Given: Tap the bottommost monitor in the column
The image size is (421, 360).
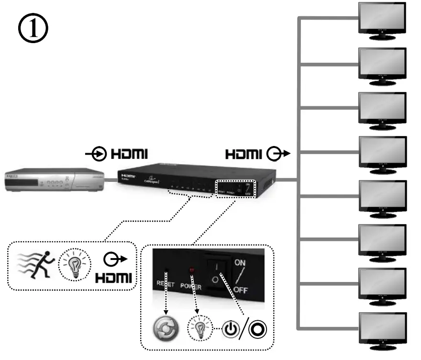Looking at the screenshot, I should [383, 328].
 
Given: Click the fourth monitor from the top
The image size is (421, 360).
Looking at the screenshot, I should [383, 151].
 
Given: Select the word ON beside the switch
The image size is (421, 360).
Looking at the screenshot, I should [240, 262].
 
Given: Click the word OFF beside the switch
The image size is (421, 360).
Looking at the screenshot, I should [241, 291].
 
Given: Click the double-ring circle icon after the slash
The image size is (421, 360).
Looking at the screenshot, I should [258, 329].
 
